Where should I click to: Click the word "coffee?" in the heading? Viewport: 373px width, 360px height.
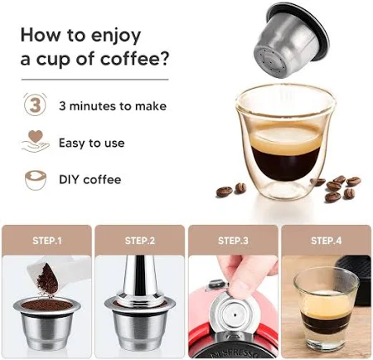(x=134, y=59)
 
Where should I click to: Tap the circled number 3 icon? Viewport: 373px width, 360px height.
(x=35, y=105)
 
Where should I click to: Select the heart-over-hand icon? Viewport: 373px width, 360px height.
(x=36, y=141)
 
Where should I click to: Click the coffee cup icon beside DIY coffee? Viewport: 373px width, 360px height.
(x=36, y=180)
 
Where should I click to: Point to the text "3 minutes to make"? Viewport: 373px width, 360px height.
(x=113, y=106)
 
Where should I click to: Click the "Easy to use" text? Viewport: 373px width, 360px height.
(x=92, y=143)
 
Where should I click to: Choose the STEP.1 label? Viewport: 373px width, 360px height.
(x=47, y=241)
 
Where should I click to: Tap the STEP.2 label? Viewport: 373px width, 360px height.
(x=140, y=241)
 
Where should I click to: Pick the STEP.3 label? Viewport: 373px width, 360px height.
(x=233, y=241)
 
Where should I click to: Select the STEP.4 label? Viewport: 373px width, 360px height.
(x=327, y=241)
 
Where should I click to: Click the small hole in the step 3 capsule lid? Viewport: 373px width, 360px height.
(x=235, y=314)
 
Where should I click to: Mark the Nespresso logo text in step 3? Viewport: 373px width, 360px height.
(x=235, y=353)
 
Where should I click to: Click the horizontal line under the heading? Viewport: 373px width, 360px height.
(x=95, y=80)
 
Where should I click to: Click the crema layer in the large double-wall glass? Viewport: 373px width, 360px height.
(x=286, y=139)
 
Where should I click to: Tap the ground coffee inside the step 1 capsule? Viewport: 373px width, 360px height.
(x=46, y=305)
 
